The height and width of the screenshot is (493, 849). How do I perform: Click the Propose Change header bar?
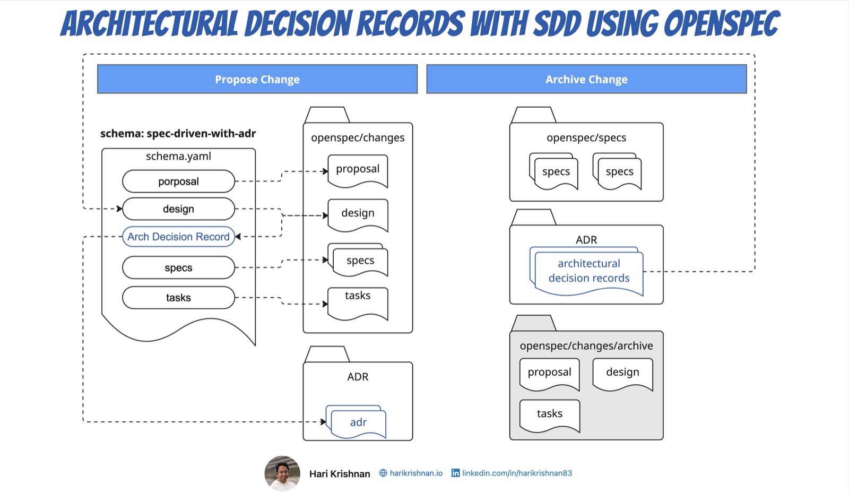tap(257, 79)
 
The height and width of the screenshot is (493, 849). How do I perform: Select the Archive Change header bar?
tap(586, 79)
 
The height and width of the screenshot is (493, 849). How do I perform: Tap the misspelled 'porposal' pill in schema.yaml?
tap(178, 181)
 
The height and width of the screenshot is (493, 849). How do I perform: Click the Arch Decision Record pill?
tap(178, 237)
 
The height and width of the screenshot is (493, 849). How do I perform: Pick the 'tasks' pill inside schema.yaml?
tap(178, 298)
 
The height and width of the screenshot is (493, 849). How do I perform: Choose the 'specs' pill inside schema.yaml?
tap(178, 268)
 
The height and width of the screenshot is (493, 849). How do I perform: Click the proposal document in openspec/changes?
tap(358, 170)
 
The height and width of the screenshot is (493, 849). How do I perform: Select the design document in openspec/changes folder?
tap(358, 214)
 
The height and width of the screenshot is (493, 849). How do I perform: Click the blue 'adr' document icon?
tap(358, 422)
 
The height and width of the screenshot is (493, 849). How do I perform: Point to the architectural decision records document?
tap(588, 272)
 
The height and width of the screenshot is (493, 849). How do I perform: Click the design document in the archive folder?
tap(622, 374)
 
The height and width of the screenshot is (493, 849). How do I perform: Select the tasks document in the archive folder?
tap(549, 415)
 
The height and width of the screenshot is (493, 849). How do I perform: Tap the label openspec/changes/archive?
tap(586, 346)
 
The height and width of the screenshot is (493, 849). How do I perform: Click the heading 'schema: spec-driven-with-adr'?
tap(178, 134)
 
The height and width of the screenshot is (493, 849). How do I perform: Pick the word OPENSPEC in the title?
tap(721, 24)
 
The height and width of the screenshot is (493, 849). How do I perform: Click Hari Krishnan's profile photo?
tap(282, 473)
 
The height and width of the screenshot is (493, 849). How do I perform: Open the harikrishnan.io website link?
tap(415, 473)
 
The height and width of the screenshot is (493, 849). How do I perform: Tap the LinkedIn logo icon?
tap(455, 473)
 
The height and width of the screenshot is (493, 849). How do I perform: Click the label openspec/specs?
tap(586, 138)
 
